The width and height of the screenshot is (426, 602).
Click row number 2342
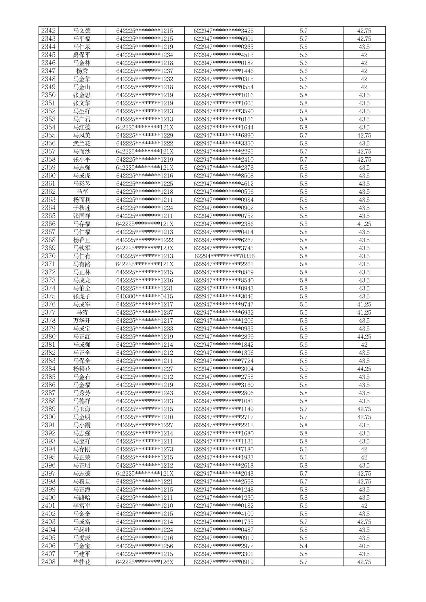[x=48, y=31]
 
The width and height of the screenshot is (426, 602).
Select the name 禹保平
[x=82, y=55]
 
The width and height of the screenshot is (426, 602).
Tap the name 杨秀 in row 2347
[x=82, y=71]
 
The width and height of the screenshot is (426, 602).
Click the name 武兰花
[x=82, y=143]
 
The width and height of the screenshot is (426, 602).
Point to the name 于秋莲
[x=82, y=208]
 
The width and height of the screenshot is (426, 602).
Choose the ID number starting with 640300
[x=145, y=296]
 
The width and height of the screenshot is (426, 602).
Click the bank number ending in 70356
[x=224, y=256]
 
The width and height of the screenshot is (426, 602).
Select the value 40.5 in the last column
[x=364, y=546]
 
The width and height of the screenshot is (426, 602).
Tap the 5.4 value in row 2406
[x=303, y=546]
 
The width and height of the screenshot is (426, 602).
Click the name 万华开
[x=82, y=321]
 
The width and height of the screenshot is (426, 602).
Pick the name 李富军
[x=82, y=506]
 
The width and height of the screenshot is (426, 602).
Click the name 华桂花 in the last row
[x=82, y=562]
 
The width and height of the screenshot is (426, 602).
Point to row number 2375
[x=48, y=296]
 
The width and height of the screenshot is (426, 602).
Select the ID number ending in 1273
[x=145, y=449]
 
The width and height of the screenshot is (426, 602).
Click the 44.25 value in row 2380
[x=364, y=337]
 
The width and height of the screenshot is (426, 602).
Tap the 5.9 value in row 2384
[x=303, y=369]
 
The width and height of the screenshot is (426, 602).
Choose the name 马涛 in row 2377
[x=82, y=313]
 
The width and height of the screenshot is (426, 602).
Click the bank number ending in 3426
[x=224, y=31]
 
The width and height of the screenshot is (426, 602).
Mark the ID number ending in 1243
[x=145, y=393]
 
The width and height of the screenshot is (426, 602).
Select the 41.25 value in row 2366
[x=364, y=224]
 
